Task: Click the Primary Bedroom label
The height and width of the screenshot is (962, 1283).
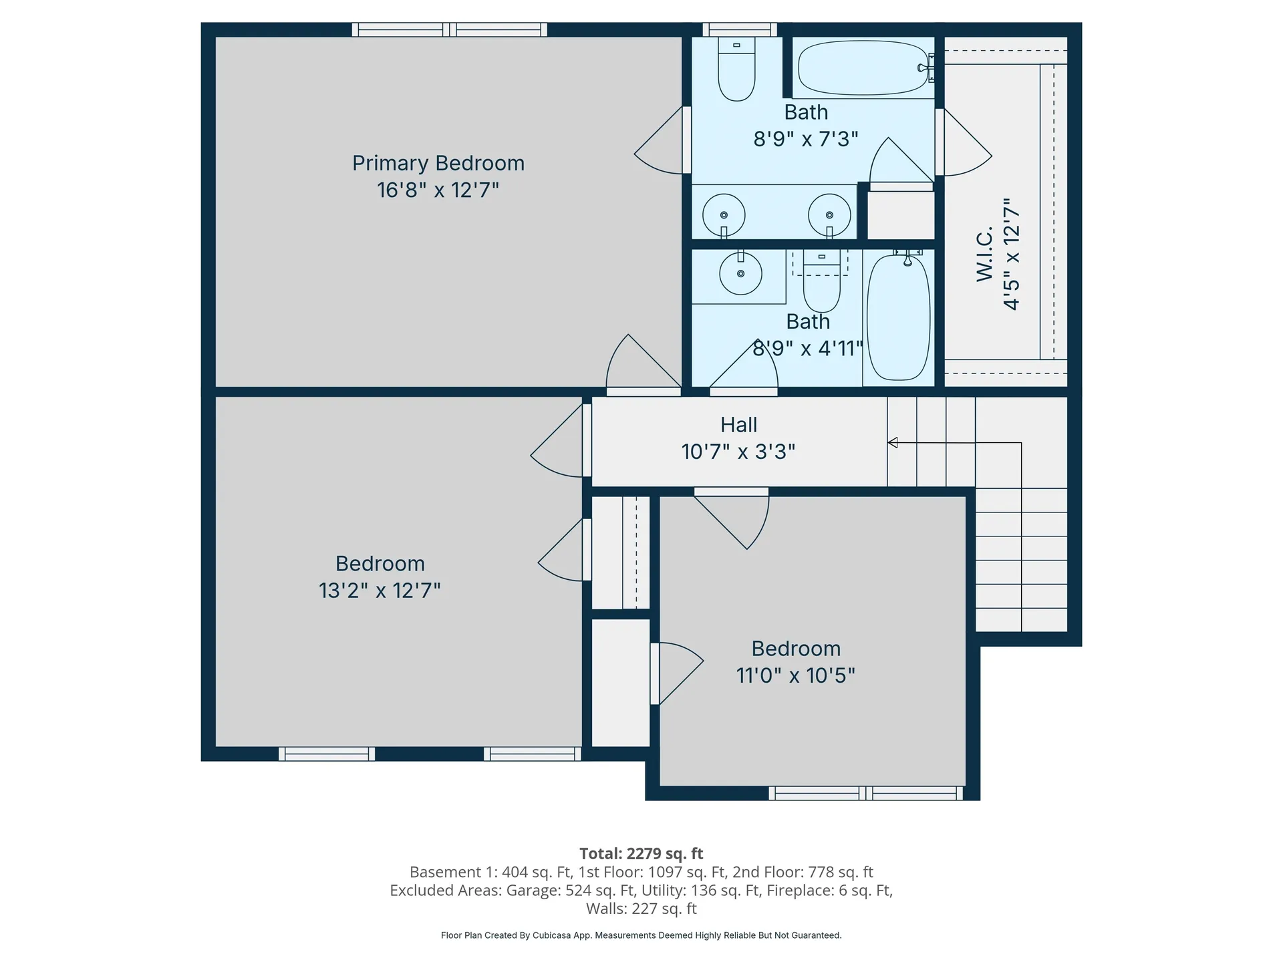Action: [438, 163]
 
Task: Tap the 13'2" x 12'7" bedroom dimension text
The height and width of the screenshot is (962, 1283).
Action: [380, 591]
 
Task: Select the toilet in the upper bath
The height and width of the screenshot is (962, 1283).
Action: [736, 71]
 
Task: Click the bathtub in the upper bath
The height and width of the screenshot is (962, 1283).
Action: [863, 67]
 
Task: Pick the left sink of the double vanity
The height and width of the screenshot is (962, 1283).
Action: [724, 215]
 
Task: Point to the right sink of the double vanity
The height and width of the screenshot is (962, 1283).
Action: [829, 215]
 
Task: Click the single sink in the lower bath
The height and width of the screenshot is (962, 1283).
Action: [740, 273]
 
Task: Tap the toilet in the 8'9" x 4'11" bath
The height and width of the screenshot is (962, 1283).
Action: [821, 284]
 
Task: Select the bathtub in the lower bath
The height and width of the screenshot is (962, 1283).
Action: [898, 317]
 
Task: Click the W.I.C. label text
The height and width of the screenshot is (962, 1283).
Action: [985, 254]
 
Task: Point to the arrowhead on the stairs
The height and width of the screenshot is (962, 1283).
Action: [892, 442]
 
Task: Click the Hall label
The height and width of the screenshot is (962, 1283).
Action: [738, 425]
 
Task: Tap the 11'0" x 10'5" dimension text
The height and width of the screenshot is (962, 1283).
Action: [795, 675]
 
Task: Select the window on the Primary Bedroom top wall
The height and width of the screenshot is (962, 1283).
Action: [450, 29]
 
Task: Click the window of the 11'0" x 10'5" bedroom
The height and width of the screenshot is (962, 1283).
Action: [866, 793]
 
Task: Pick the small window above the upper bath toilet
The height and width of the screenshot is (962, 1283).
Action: [739, 29]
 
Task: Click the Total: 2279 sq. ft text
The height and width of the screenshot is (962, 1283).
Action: [641, 853]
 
